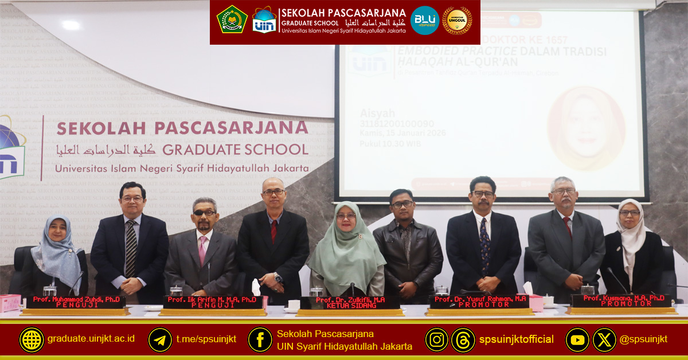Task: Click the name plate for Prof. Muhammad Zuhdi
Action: tap(75, 302)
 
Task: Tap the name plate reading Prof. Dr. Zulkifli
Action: tap(350, 302)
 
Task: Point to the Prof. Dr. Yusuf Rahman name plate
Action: tap(480, 302)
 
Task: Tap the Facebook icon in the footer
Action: tap(260, 339)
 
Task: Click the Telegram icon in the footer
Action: tap(160, 339)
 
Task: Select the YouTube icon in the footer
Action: tap(577, 339)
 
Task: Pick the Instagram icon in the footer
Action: tap(436, 339)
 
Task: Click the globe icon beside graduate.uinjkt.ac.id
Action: tap(32, 339)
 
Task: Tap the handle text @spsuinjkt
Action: tap(643, 339)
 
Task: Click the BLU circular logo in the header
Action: tap(425, 21)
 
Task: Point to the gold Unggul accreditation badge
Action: tap(457, 21)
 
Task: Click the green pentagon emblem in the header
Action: tap(232, 19)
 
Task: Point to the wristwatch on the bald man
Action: tap(278, 279)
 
